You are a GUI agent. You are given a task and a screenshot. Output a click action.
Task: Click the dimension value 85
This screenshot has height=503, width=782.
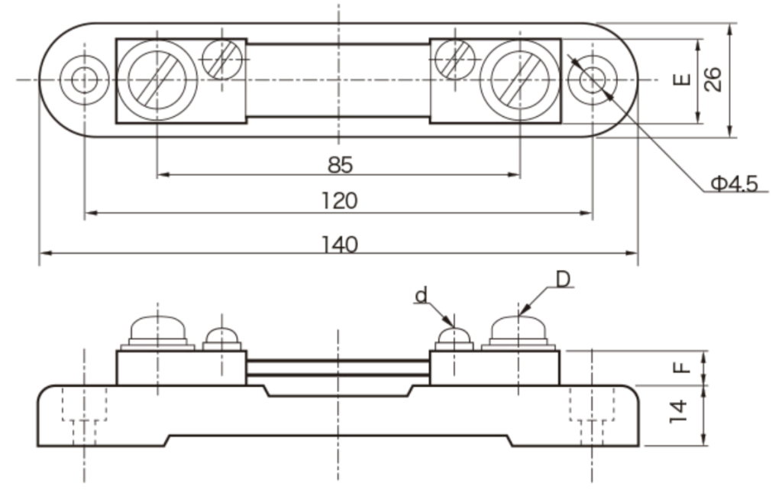340,164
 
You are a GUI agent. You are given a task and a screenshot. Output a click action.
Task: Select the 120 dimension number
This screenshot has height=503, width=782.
339,202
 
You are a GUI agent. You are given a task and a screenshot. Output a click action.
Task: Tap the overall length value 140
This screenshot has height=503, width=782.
339,245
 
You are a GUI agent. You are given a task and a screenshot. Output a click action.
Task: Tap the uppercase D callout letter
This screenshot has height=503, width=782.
564,279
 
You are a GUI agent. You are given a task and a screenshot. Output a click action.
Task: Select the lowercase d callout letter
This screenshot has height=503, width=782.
420,295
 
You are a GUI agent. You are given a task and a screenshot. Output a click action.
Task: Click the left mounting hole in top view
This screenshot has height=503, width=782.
84,80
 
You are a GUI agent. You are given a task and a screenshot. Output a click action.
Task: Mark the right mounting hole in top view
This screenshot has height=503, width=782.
593,80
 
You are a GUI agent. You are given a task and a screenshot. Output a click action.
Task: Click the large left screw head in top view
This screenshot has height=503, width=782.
157,80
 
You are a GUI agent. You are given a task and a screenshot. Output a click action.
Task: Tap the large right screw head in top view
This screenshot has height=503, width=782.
519,80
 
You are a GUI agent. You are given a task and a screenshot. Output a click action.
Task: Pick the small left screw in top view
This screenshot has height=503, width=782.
223,59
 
